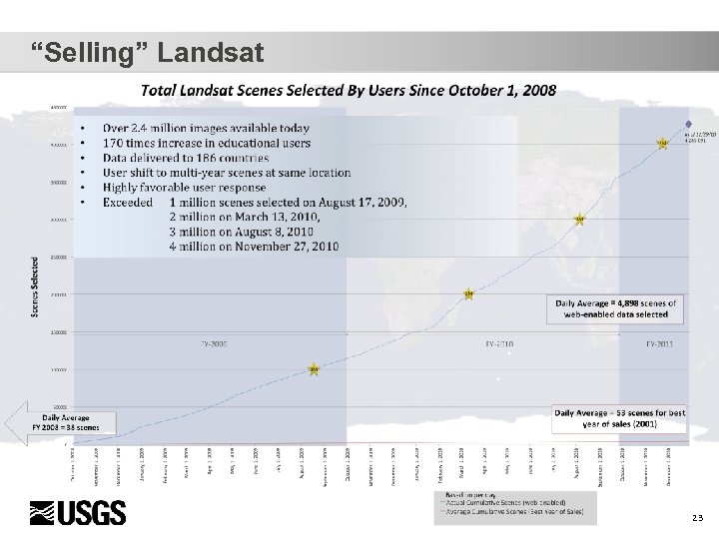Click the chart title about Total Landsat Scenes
pyautogui.click(x=349, y=90)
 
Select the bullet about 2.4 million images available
pyautogui.click(x=206, y=128)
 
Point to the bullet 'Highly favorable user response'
pyautogui.click(x=184, y=187)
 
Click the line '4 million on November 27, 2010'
pyautogui.click(x=255, y=246)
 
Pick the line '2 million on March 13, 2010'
pyautogui.click(x=246, y=217)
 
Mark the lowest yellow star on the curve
pyautogui.click(x=314, y=369)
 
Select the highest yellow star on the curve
pyautogui.click(x=662, y=143)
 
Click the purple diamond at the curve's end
pyautogui.click(x=687, y=126)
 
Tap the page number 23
pyautogui.click(x=696, y=518)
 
